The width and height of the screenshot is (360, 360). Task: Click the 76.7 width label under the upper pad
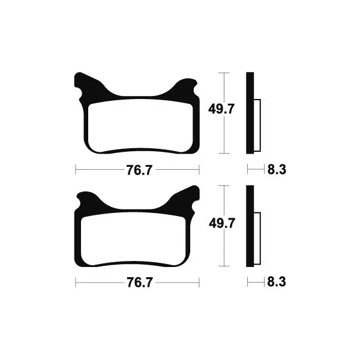(139, 170)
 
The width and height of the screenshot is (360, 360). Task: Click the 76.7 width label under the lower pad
(140, 283)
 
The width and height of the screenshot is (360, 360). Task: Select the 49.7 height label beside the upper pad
(221, 109)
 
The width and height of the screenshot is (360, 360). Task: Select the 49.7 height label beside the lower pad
(222, 223)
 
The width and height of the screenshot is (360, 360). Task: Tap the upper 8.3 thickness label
(277, 170)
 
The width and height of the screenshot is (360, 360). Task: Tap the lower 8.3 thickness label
(277, 282)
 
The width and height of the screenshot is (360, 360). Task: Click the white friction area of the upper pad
(140, 126)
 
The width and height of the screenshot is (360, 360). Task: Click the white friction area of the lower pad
(133, 239)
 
